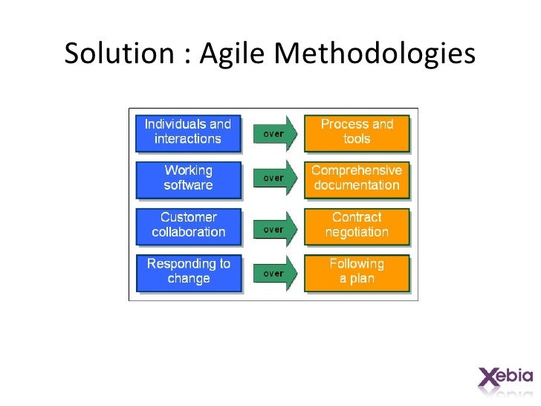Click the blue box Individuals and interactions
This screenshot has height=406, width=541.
pos(187,132)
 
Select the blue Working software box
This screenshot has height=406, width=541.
pos(187,178)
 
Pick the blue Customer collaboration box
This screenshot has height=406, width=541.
pos(187,225)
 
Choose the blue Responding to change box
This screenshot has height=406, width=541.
pos(187,271)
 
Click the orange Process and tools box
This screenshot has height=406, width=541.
pos(357,132)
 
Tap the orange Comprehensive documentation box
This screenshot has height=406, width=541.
pos(357,178)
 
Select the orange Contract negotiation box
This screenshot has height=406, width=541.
pos(357,225)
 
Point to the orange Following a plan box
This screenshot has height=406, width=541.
pos(357,271)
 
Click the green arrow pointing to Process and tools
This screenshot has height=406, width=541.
pos(276,134)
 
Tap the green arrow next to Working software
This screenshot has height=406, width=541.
pos(276,179)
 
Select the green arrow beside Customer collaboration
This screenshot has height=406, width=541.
pos(276,230)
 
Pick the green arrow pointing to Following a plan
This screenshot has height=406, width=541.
pos(276,273)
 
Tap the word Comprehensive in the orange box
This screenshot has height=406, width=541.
pos(357,170)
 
